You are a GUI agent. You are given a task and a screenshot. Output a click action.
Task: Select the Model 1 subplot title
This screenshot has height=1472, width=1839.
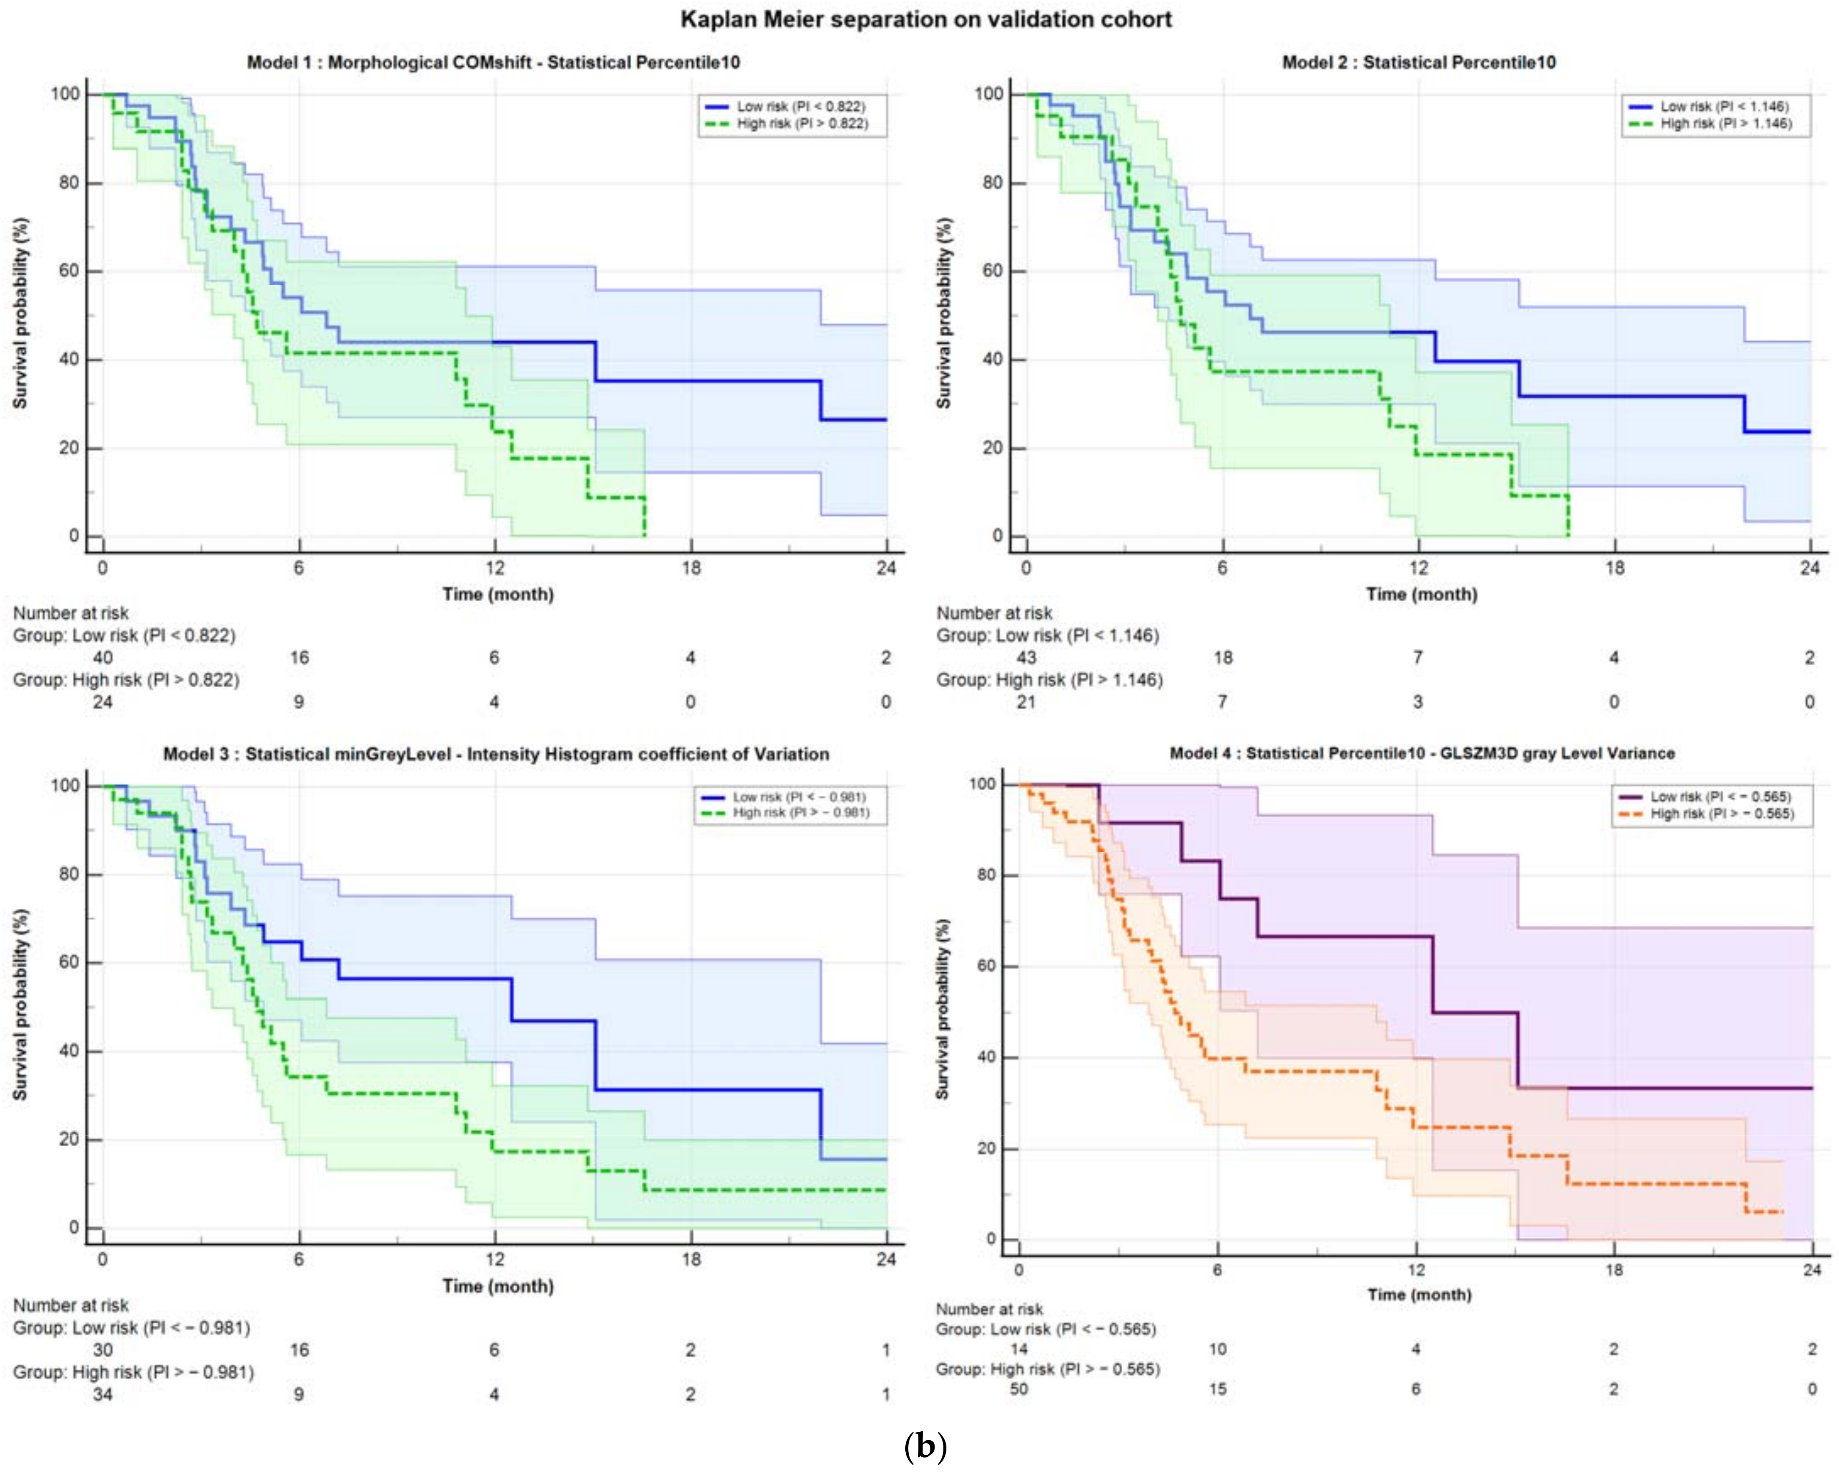[493, 62]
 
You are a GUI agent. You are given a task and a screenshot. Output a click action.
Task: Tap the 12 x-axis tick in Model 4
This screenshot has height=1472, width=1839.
[1416, 1270]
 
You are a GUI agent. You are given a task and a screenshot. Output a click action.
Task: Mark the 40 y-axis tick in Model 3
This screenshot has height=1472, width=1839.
[68, 1051]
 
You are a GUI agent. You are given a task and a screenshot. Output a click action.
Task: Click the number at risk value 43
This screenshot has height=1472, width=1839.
[1026, 658]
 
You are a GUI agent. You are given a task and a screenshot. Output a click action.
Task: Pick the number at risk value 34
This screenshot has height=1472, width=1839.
[103, 1395]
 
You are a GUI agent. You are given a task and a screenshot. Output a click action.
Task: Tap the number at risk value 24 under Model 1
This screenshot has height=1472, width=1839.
[103, 702]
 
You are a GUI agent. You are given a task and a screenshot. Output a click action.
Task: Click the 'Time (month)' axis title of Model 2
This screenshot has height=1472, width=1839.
[1421, 595]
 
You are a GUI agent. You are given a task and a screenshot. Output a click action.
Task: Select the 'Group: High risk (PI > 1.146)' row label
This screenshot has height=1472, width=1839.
[1049, 680]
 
